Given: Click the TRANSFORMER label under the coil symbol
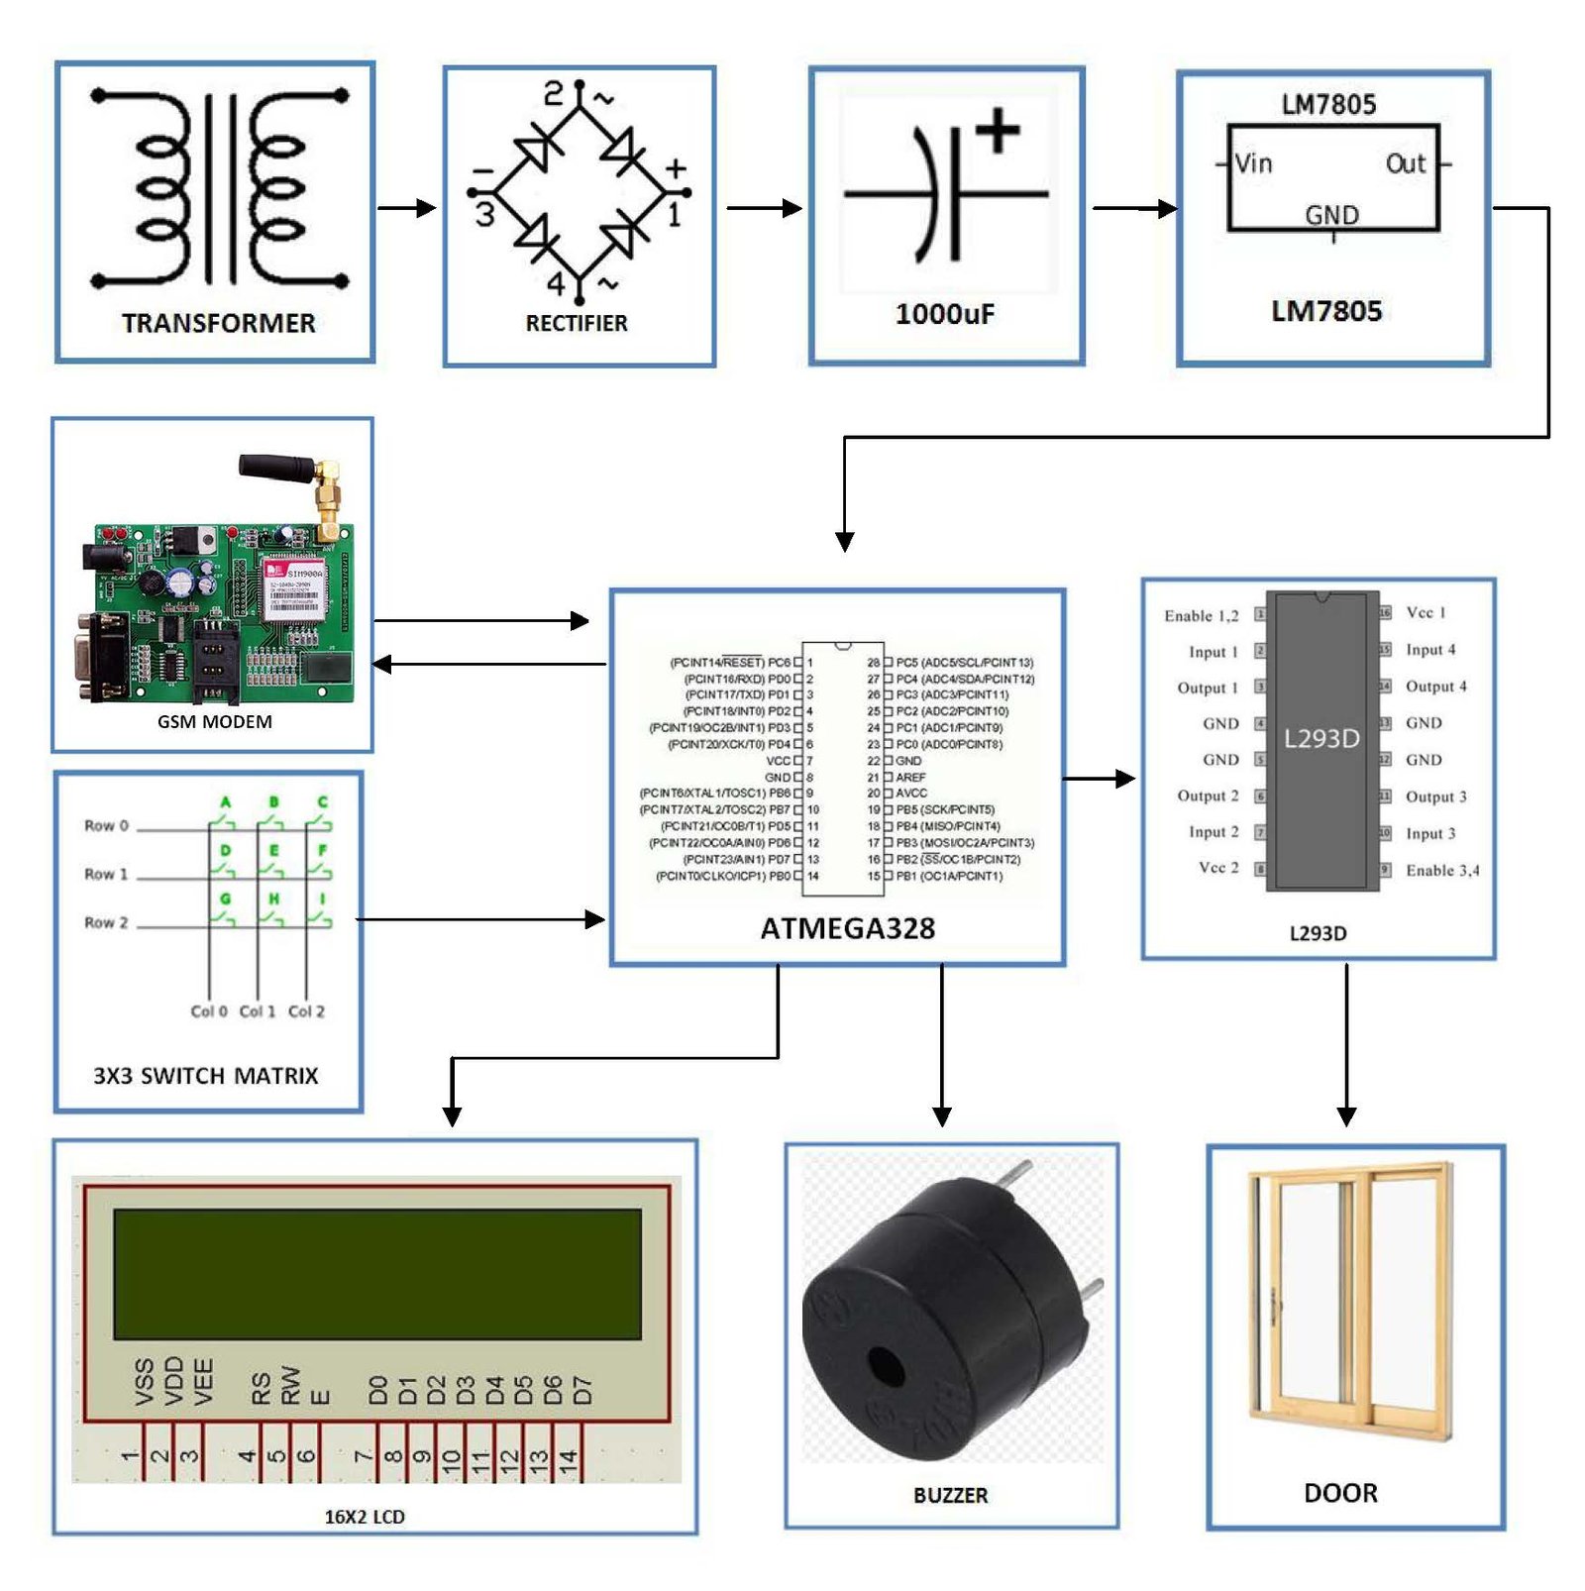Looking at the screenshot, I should coord(219,323).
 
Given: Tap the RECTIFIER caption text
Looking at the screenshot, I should coord(577,323).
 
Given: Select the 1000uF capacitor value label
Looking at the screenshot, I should coord(945,314).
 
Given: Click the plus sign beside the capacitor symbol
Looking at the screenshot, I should coord(998,131).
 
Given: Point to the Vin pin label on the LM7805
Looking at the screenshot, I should coord(1253,163).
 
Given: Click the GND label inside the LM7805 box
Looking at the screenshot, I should coord(1331,215).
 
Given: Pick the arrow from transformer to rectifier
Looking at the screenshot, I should coord(407,208).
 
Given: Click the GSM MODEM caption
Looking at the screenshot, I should coord(214,721).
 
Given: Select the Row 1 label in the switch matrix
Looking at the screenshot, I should coord(106,874).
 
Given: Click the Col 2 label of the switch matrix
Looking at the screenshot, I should coord(306,1011).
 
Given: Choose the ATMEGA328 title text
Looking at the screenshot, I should coord(848,928).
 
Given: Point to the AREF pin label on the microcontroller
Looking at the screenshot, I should coord(910,778).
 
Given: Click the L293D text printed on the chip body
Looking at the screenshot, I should coord(1321,738).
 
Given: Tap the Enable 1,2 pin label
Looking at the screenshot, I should coord(1201,615).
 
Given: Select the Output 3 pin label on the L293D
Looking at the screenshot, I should coord(1435,796).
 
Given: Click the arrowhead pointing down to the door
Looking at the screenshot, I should coord(1346,1115).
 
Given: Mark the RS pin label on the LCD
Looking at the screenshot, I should coord(261,1388).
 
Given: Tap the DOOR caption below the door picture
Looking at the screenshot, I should coord(1340,1493).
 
